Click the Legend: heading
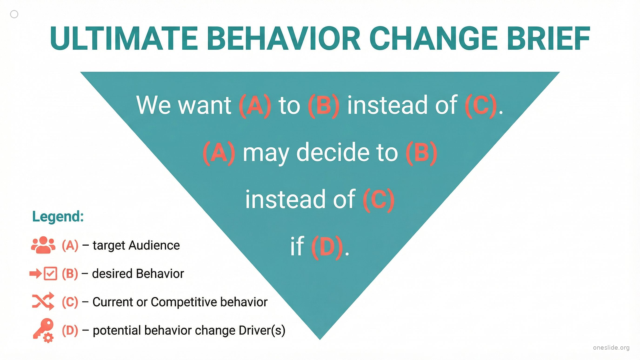tap(58, 217)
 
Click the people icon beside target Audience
tap(43, 245)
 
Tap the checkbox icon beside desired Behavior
tap(51, 274)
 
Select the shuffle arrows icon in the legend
tap(43, 301)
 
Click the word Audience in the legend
tap(154, 245)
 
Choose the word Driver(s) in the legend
tap(262, 330)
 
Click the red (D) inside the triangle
tap(327, 247)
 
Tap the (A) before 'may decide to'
tap(219, 153)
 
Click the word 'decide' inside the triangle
tap(347, 153)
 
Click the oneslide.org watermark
tap(611, 348)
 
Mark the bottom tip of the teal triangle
tap(320, 340)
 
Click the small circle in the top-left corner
tap(14, 14)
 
